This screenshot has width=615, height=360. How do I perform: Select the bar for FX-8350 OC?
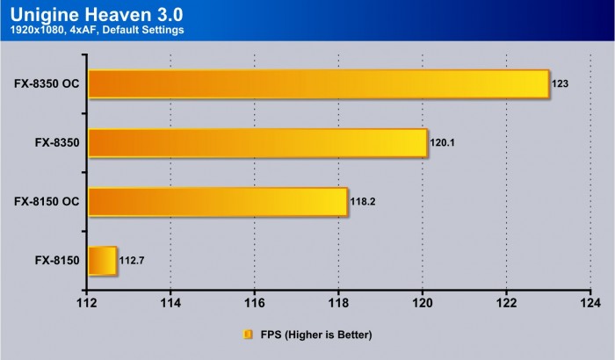pos(318,84)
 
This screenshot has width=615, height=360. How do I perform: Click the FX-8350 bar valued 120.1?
pos(257,143)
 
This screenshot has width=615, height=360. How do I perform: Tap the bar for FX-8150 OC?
pos(218,201)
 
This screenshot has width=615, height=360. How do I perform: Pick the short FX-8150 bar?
pos(102,260)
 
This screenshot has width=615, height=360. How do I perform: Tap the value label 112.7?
pos(133,261)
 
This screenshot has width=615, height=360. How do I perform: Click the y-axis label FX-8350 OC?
pos(47,84)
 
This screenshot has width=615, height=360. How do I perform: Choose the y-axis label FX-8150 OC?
pos(47,201)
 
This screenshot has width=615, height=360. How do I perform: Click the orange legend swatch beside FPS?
pos(249,335)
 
